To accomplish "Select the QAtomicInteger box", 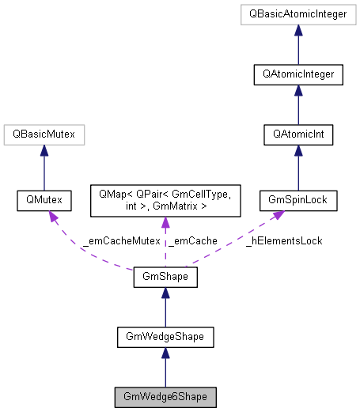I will click(298, 74).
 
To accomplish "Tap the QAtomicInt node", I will click(298, 136).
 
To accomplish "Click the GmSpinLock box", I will click(298, 201).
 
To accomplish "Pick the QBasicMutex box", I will click(44, 136).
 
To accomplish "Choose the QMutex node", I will click(44, 201).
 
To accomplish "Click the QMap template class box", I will click(164, 201).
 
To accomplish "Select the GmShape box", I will click(164, 278).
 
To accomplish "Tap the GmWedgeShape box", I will click(164, 336).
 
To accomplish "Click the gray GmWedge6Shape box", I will click(164, 395).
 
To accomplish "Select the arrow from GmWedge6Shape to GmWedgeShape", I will click(164, 368).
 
